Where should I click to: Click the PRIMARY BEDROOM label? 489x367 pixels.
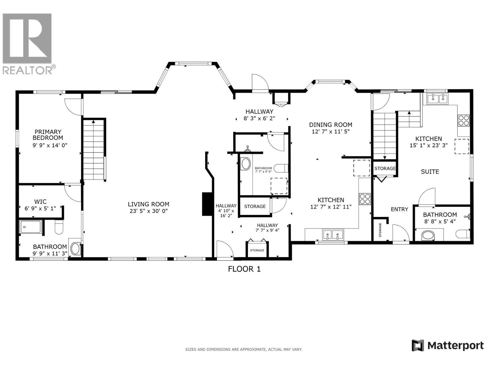click(x=48, y=135)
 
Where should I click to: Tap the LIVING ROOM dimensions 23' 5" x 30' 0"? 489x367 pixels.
click(x=149, y=211)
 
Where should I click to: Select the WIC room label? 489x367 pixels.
click(x=40, y=202)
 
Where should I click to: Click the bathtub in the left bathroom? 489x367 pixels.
click(x=30, y=227)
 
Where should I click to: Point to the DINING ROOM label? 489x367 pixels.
click(x=330, y=125)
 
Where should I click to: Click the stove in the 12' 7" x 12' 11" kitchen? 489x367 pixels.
click(x=365, y=199)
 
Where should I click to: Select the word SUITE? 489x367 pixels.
click(x=430, y=172)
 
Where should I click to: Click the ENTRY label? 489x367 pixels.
click(x=399, y=209)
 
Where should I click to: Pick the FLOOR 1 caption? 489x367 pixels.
click(x=244, y=269)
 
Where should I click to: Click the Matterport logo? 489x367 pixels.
click(x=447, y=346)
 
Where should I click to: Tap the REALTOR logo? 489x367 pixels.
click(x=28, y=43)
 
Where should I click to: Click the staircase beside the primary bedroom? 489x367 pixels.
click(x=94, y=150)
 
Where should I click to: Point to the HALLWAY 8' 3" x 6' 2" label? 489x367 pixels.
click(x=259, y=115)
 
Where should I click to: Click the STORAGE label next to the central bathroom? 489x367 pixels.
click(x=255, y=206)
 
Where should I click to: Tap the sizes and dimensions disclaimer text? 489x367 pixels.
click(x=243, y=349)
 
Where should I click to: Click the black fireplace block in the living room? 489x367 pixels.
click(x=207, y=204)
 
